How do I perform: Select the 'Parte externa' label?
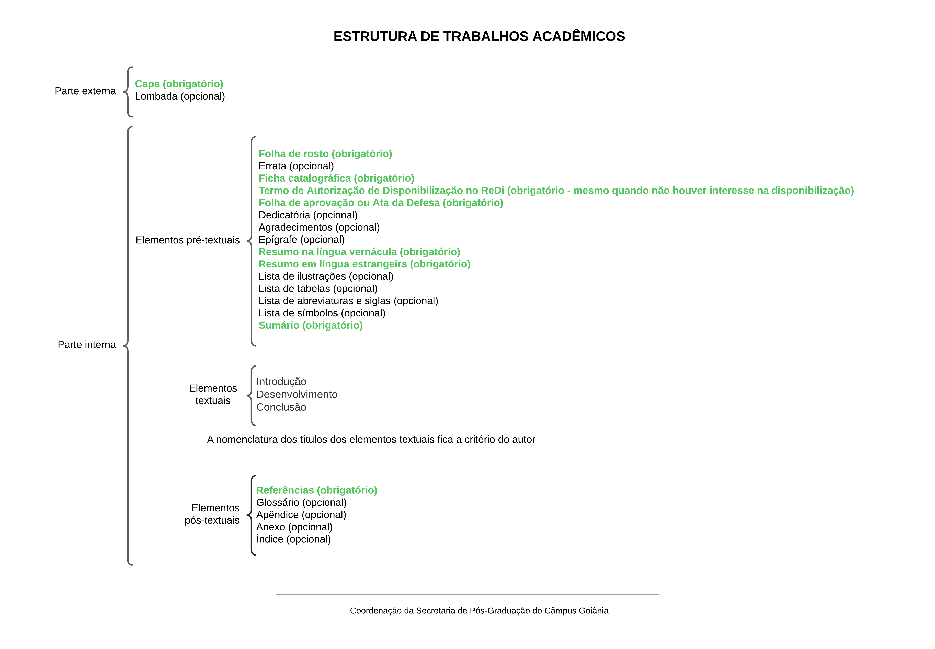click(x=85, y=91)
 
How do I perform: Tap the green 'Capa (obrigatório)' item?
click(x=179, y=84)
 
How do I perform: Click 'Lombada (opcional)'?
click(x=180, y=96)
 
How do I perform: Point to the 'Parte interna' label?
click(x=87, y=345)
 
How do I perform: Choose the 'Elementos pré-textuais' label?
click(x=188, y=240)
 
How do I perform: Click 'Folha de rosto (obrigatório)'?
click(x=325, y=154)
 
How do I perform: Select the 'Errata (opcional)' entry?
click(x=296, y=166)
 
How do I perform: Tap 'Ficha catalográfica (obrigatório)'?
click(x=336, y=178)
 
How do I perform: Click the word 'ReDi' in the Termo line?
click(x=492, y=190)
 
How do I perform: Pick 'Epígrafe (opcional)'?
click(x=302, y=240)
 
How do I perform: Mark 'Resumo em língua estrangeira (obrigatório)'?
click(x=364, y=264)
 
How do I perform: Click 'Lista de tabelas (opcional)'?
click(x=318, y=288)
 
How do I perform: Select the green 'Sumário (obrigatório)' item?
click(x=311, y=325)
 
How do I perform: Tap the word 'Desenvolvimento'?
click(x=297, y=394)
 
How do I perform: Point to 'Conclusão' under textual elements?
click(x=281, y=407)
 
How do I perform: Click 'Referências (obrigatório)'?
click(x=316, y=490)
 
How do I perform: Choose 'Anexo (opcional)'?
click(x=294, y=527)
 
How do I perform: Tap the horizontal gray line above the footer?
click(x=467, y=595)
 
